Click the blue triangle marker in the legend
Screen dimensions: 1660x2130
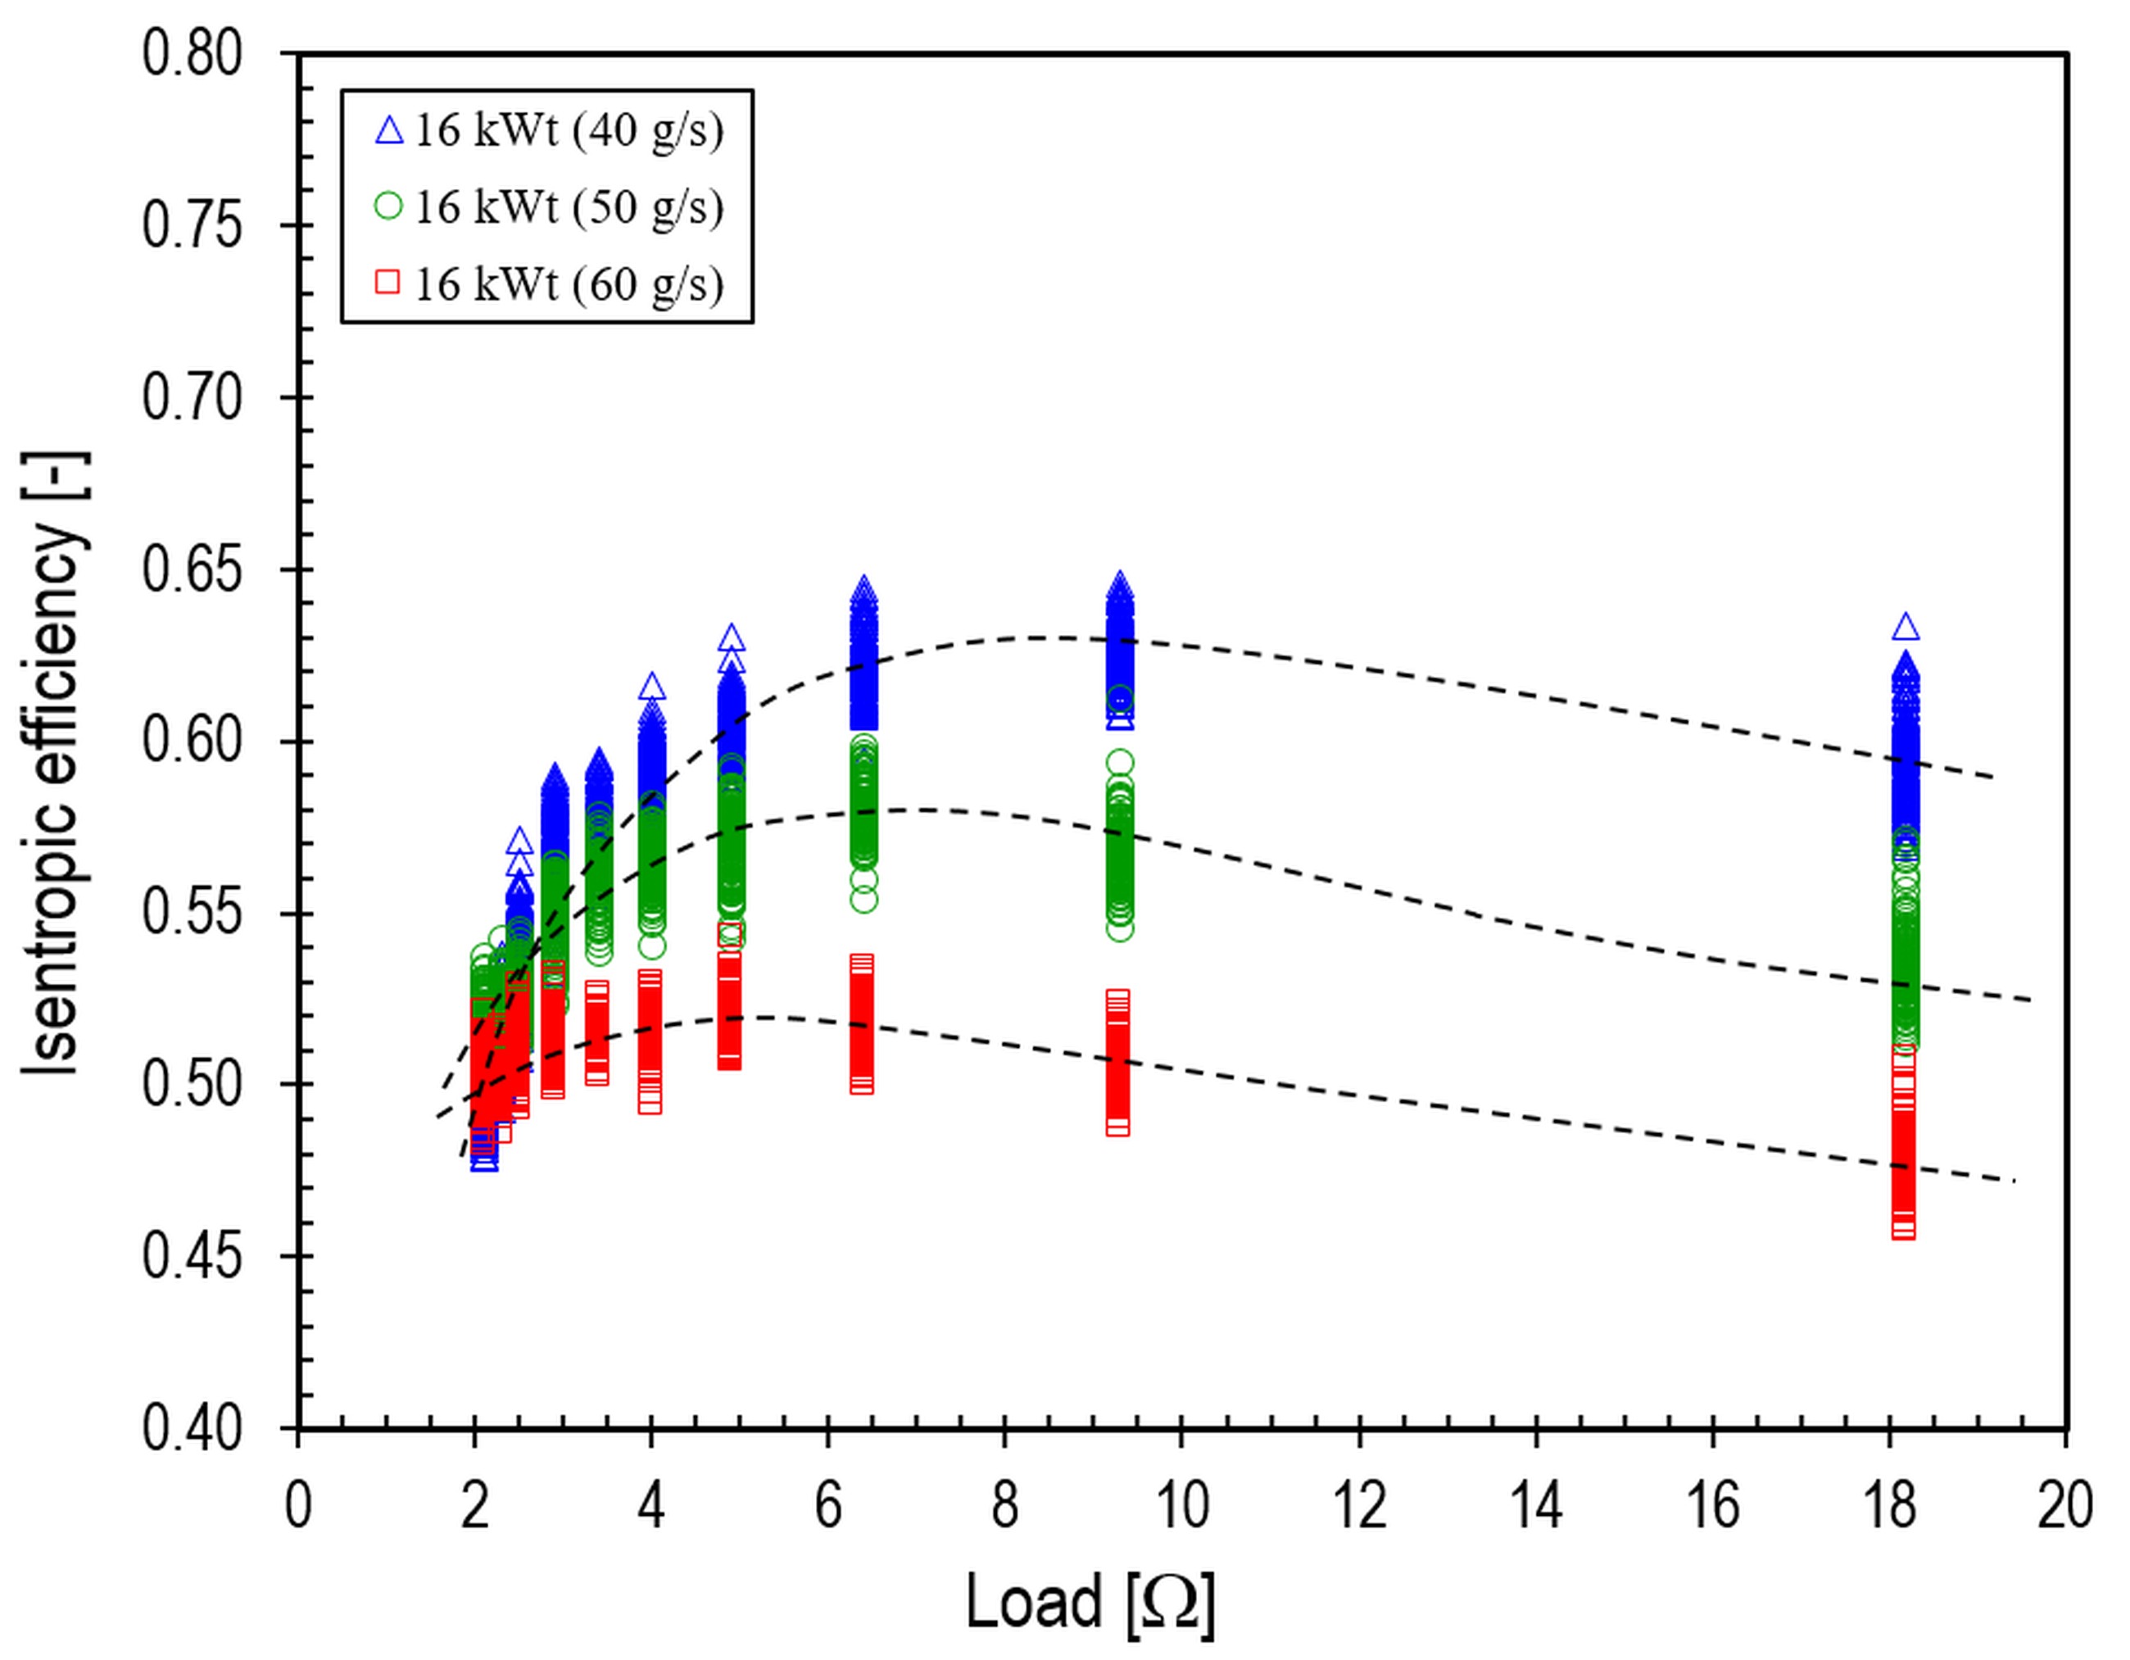pos(389,131)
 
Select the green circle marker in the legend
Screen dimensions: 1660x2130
pos(389,206)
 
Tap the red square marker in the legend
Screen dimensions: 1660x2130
pos(389,283)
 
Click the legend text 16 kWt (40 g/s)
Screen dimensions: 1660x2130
pos(569,131)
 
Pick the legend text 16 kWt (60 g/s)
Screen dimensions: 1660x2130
pos(569,283)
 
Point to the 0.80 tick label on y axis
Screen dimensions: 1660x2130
pos(193,53)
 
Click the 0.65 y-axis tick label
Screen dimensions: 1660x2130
pos(193,569)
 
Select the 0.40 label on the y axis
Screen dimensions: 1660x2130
pos(193,1429)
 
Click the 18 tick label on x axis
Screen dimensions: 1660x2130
pos(1889,1506)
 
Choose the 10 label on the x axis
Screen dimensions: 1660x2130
pos(1182,1506)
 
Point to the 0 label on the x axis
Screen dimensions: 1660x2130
pos(297,1506)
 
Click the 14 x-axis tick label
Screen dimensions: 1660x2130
pos(1535,1506)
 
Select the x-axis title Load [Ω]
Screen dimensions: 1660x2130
pos(1090,1602)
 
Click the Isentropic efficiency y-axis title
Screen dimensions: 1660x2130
pos(57,763)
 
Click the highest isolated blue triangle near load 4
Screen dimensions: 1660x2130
pos(652,687)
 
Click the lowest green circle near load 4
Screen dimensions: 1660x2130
pos(652,945)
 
